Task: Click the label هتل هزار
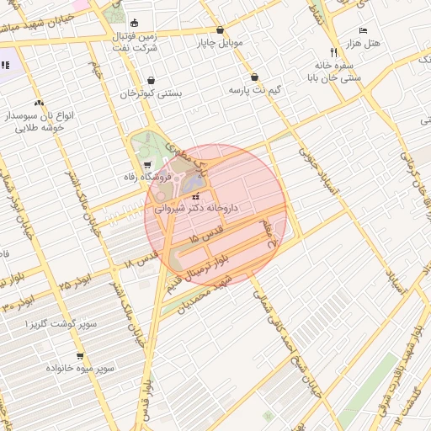click(x=364, y=43)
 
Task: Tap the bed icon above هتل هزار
click(x=363, y=30)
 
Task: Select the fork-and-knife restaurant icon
click(x=333, y=51)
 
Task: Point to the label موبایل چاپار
click(x=221, y=41)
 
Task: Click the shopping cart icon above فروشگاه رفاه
click(x=148, y=164)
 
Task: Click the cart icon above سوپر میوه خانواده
click(x=80, y=356)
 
